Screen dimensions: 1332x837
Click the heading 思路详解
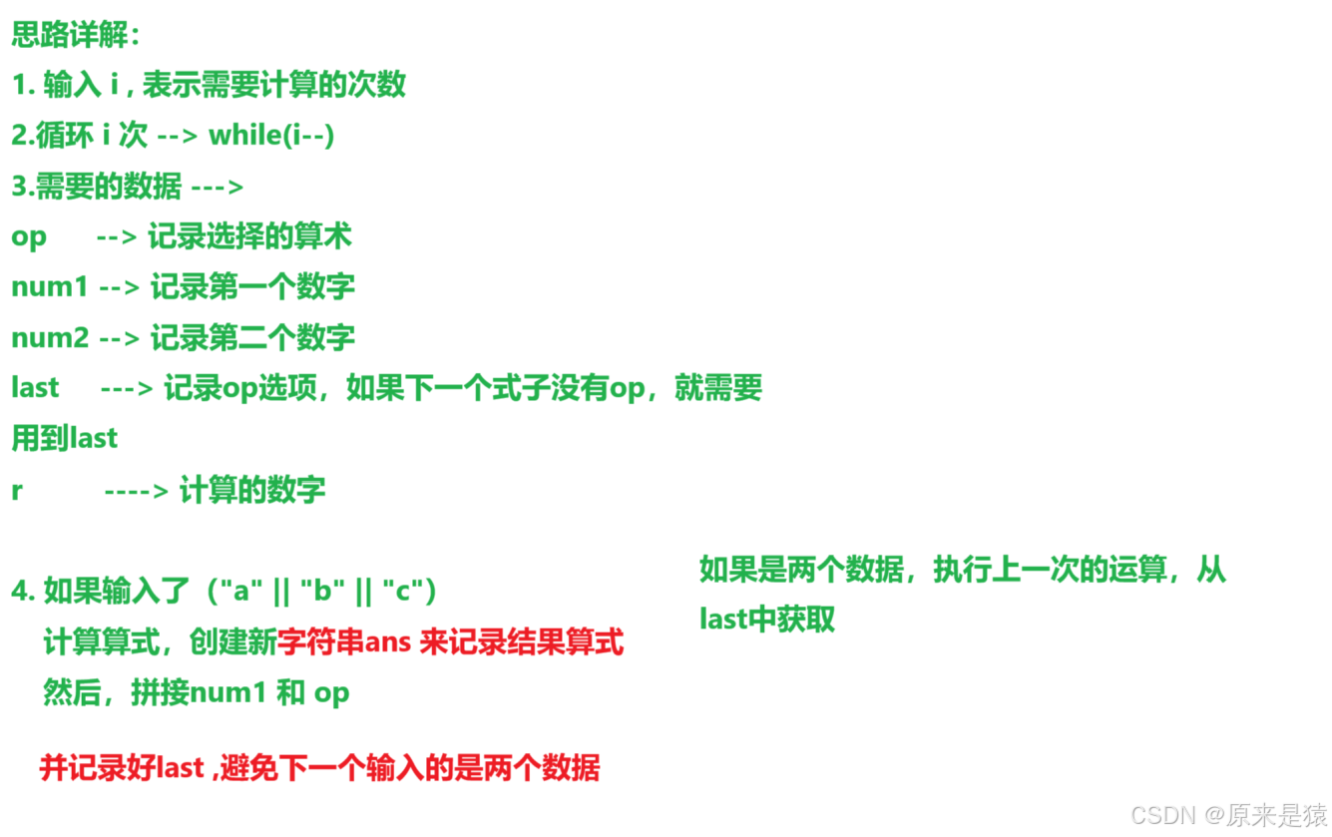[76, 35]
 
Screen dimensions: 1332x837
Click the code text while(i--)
[270, 135]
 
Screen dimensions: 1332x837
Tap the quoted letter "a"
[239, 591]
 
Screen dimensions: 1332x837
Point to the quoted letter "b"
[321, 591]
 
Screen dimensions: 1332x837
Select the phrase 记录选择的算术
[249, 236]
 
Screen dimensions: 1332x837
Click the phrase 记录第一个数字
[252, 286]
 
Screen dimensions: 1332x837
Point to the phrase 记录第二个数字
[252, 337]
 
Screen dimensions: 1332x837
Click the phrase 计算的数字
[252, 490]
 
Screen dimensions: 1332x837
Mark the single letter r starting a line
[17, 491]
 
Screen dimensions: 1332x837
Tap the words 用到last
[65, 438]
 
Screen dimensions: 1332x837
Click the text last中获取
[766, 619]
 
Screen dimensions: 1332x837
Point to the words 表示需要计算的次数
[274, 85]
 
